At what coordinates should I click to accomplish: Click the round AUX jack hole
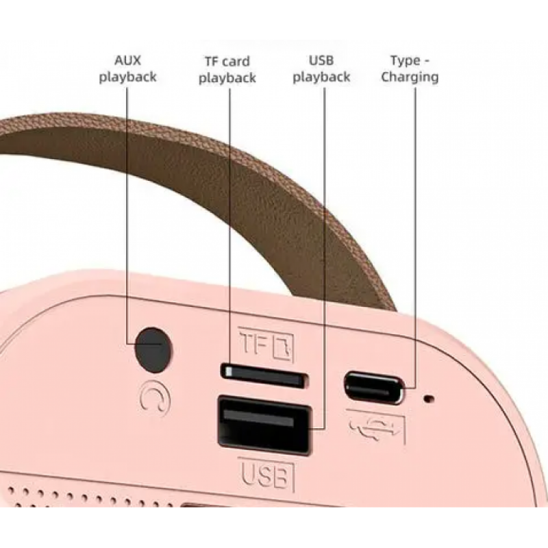pyautogui.click(x=153, y=350)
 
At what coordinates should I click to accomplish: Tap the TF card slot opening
pyautogui.click(x=264, y=376)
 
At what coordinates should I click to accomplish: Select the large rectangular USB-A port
pyautogui.click(x=264, y=425)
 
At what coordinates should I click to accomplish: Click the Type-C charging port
pyautogui.click(x=374, y=388)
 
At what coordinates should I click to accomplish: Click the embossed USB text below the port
pyautogui.click(x=266, y=475)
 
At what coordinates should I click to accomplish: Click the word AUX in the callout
pyautogui.click(x=127, y=60)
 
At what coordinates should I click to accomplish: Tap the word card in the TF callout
pyautogui.click(x=236, y=62)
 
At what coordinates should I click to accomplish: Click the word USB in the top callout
pyautogui.click(x=321, y=60)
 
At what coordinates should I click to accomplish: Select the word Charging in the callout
pyautogui.click(x=410, y=77)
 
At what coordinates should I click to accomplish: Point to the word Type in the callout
pyautogui.click(x=406, y=61)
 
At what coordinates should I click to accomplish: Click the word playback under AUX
pyautogui.click(x=127, y=77)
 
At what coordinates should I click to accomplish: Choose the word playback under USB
pyautogui.click(x=321, y=77)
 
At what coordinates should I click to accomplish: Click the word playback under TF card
pyautogui.click(x=227, y=78)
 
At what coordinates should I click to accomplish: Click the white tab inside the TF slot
pyautogui.click(x=229, y=372)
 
